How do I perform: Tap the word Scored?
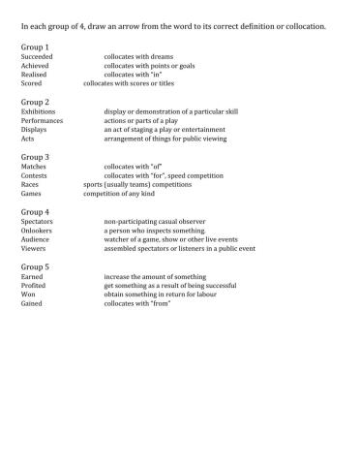tap(32, 83)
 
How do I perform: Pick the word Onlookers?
tap(39, 231)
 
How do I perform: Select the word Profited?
tap(35, 285)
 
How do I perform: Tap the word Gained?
tap(33, 302)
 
